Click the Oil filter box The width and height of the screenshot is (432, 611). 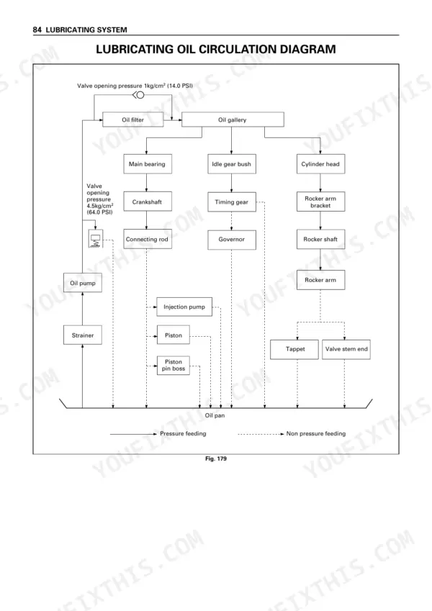(x=133, y=119)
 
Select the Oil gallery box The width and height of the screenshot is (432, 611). (x=233, y=119)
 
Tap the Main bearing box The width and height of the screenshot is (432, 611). (x=148, y=164)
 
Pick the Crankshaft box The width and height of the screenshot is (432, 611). (x=148, y=202)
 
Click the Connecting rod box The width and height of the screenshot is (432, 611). (x=148, y=239)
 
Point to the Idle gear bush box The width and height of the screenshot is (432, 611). (x=232, y=164)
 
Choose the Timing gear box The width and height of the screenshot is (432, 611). (x=232, y=202)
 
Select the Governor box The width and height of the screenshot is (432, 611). (x=232, y=240)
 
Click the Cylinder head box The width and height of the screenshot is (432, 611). (x=320, y=164)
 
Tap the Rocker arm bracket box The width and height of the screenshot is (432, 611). (x=320, y=202)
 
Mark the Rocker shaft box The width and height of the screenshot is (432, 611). (x=320, y=239)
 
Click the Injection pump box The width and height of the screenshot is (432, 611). (x=184, y=307)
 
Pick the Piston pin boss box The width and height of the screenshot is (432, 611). (x=174, y=365)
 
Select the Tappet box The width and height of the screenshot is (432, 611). (x=294, y=349)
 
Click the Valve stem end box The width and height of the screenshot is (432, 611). (x=346, y=349)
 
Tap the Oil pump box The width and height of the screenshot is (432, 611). (x=83, y=283)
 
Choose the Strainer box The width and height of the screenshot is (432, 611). (x=83, y=335)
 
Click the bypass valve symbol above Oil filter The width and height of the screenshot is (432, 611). (x=138, y=95)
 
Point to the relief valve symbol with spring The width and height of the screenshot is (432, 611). (x=96, y=238)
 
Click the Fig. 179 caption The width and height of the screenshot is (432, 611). (x=215, y=458)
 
